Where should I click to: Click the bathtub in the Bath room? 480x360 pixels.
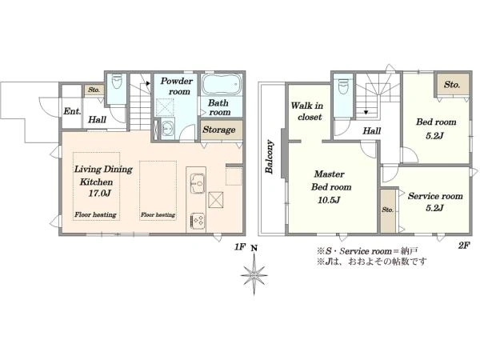coord(222,84)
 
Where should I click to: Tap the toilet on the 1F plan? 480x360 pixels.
coord(117,82)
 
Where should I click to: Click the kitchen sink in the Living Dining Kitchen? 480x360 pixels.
coord(198,183)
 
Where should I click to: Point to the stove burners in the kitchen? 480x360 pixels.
coord(198,221)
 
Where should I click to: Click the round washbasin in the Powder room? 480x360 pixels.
coord(167,129)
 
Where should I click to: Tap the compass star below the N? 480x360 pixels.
coord(254,275)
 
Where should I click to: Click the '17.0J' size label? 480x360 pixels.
coord(100,194)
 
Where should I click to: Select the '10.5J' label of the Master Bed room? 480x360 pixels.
coord(329,200)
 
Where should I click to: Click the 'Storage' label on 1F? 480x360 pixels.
coord(219,130)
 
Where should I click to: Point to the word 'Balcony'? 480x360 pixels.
coord(270,157)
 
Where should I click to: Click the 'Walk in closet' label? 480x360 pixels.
coord(307,111)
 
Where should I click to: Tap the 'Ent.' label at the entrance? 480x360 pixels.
coord(72,111)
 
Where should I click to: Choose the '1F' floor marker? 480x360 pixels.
coord(240,246)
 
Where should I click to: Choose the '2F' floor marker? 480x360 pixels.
coord(464,246)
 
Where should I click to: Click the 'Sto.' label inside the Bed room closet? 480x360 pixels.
coord(452,85)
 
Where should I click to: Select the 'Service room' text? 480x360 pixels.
coord(435,196)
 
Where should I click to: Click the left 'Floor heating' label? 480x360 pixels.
coord(95,214)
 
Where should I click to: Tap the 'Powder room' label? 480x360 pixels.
coord(177,86)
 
